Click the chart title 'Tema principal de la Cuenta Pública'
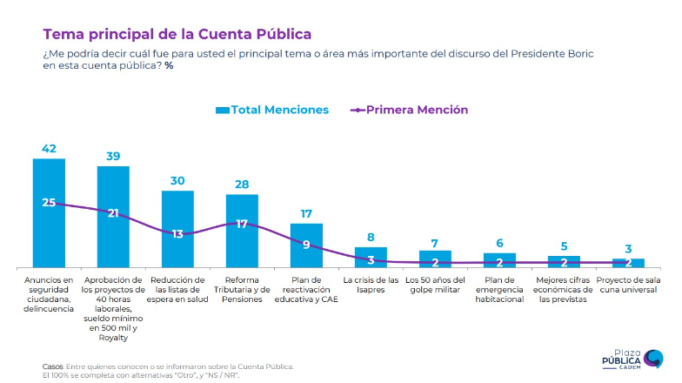tap(177, 35)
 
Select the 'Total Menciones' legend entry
tap(271, 110)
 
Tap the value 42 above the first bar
tap(49, 149)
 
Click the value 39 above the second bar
tap(113, 156)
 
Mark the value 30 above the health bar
tap(177, 180)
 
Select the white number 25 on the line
tap(49, 203)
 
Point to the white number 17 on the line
tap(242, 224)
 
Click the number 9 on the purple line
tap(306, 245)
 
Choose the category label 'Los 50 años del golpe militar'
tap(435, 285)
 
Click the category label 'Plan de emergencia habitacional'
tap(499, 289)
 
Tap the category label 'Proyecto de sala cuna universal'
tap(628, 285)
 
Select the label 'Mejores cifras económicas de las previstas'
tap(564, 289)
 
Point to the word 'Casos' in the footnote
tap(52, 366)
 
